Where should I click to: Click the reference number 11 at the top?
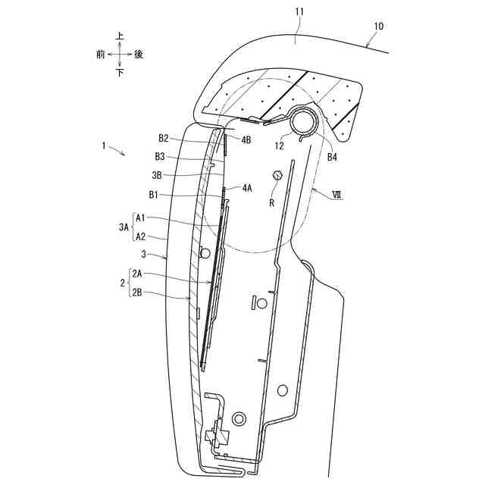(299, 12)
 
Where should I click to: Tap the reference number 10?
(379, 26)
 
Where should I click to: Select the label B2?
(164, 138)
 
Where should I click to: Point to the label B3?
(160, 157)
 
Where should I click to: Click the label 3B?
(157, 175)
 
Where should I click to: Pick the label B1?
(153, 196)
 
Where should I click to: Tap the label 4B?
(246, 140)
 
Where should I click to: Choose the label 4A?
(247, 188)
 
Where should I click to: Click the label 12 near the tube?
(279, 145)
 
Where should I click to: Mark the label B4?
(332, 157)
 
